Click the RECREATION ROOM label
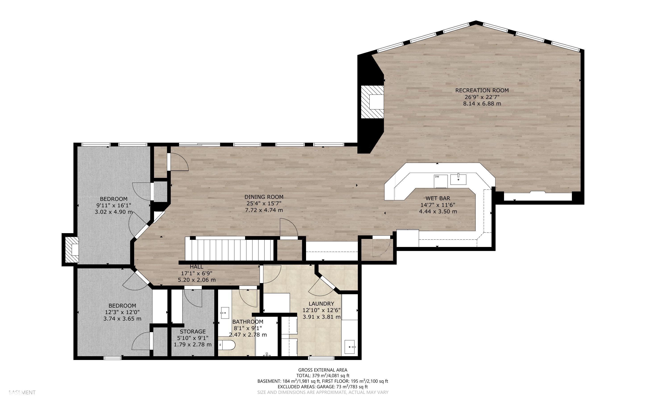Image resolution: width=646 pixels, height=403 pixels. pos(482,90)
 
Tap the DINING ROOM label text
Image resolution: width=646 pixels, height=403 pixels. pos(264,197)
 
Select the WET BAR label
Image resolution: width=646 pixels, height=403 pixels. pos(438,198)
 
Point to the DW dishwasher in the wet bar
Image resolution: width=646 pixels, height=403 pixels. pos(441,181)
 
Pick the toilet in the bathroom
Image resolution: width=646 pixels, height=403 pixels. pos(227,345)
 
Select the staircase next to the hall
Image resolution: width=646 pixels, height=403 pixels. pos(229,250)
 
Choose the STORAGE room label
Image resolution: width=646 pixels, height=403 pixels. pos(193,332)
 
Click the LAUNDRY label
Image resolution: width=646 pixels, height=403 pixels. pos(321,304)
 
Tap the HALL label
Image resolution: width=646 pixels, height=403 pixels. pos(197,267)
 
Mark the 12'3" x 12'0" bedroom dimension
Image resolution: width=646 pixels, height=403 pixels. pos(122,312)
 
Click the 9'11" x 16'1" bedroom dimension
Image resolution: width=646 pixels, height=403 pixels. pos(114,205)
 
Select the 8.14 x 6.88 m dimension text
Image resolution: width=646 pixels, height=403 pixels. pos(482,103)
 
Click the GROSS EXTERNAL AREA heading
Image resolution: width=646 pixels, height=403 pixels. pos(323,370)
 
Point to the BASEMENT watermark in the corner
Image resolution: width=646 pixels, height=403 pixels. pos(22,392)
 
